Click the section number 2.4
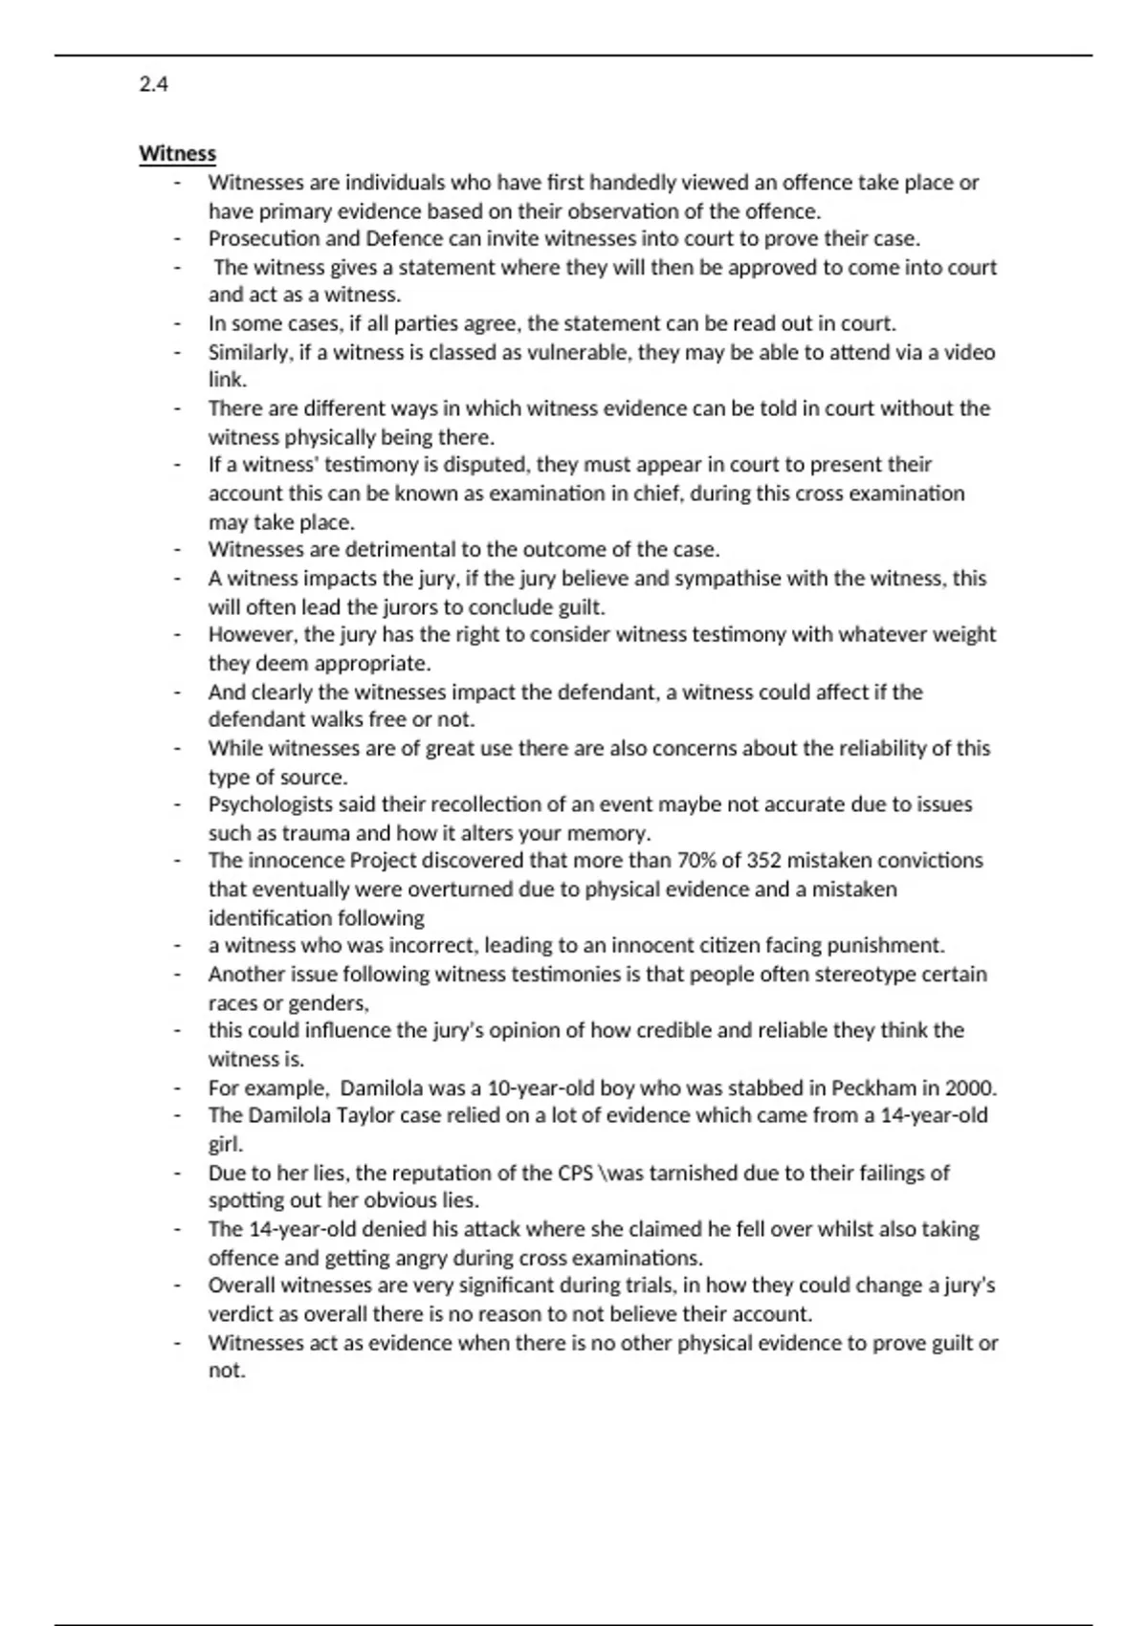[x=153, y=84]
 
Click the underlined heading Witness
[x=177, y=154]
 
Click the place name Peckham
[x=872, y=1088]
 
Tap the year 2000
[x=970, y=1088]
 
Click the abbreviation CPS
[x=574, y=1173]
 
